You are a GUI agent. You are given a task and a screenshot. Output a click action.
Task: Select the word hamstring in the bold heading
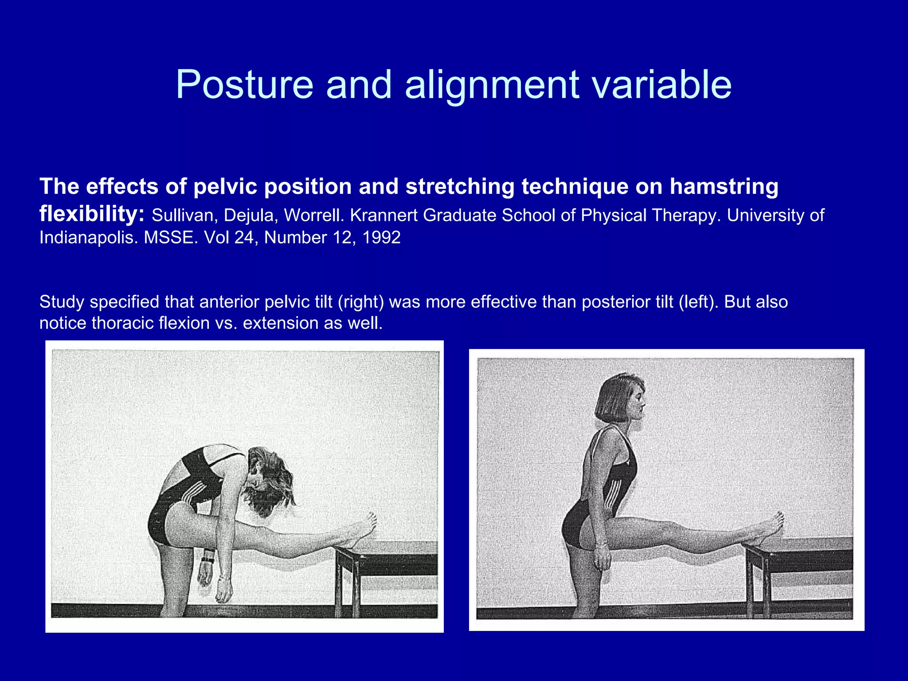[724, 186]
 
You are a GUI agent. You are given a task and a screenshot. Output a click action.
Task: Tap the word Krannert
[383, 215]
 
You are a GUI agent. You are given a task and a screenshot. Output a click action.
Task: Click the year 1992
[381, 238]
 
